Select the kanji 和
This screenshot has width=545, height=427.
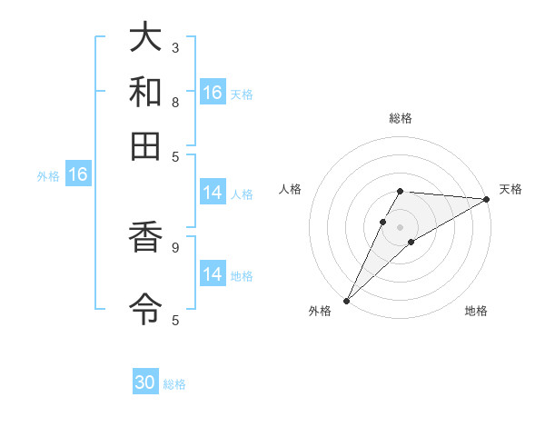point(146,93)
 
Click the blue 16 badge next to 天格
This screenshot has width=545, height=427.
point(213,92)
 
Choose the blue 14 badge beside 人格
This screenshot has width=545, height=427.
point(213,193)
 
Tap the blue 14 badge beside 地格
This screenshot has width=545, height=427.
point(213,273)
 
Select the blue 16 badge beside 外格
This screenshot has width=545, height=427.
point(77,174)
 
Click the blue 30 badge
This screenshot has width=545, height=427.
point(145,382)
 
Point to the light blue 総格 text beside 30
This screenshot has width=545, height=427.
point(174,384)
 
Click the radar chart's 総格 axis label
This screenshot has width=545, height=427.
point(400,118)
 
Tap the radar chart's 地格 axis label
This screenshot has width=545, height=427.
point(476,312)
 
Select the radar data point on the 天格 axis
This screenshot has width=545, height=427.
point(487,199)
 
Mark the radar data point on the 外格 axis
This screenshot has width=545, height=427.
point(346,300)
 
